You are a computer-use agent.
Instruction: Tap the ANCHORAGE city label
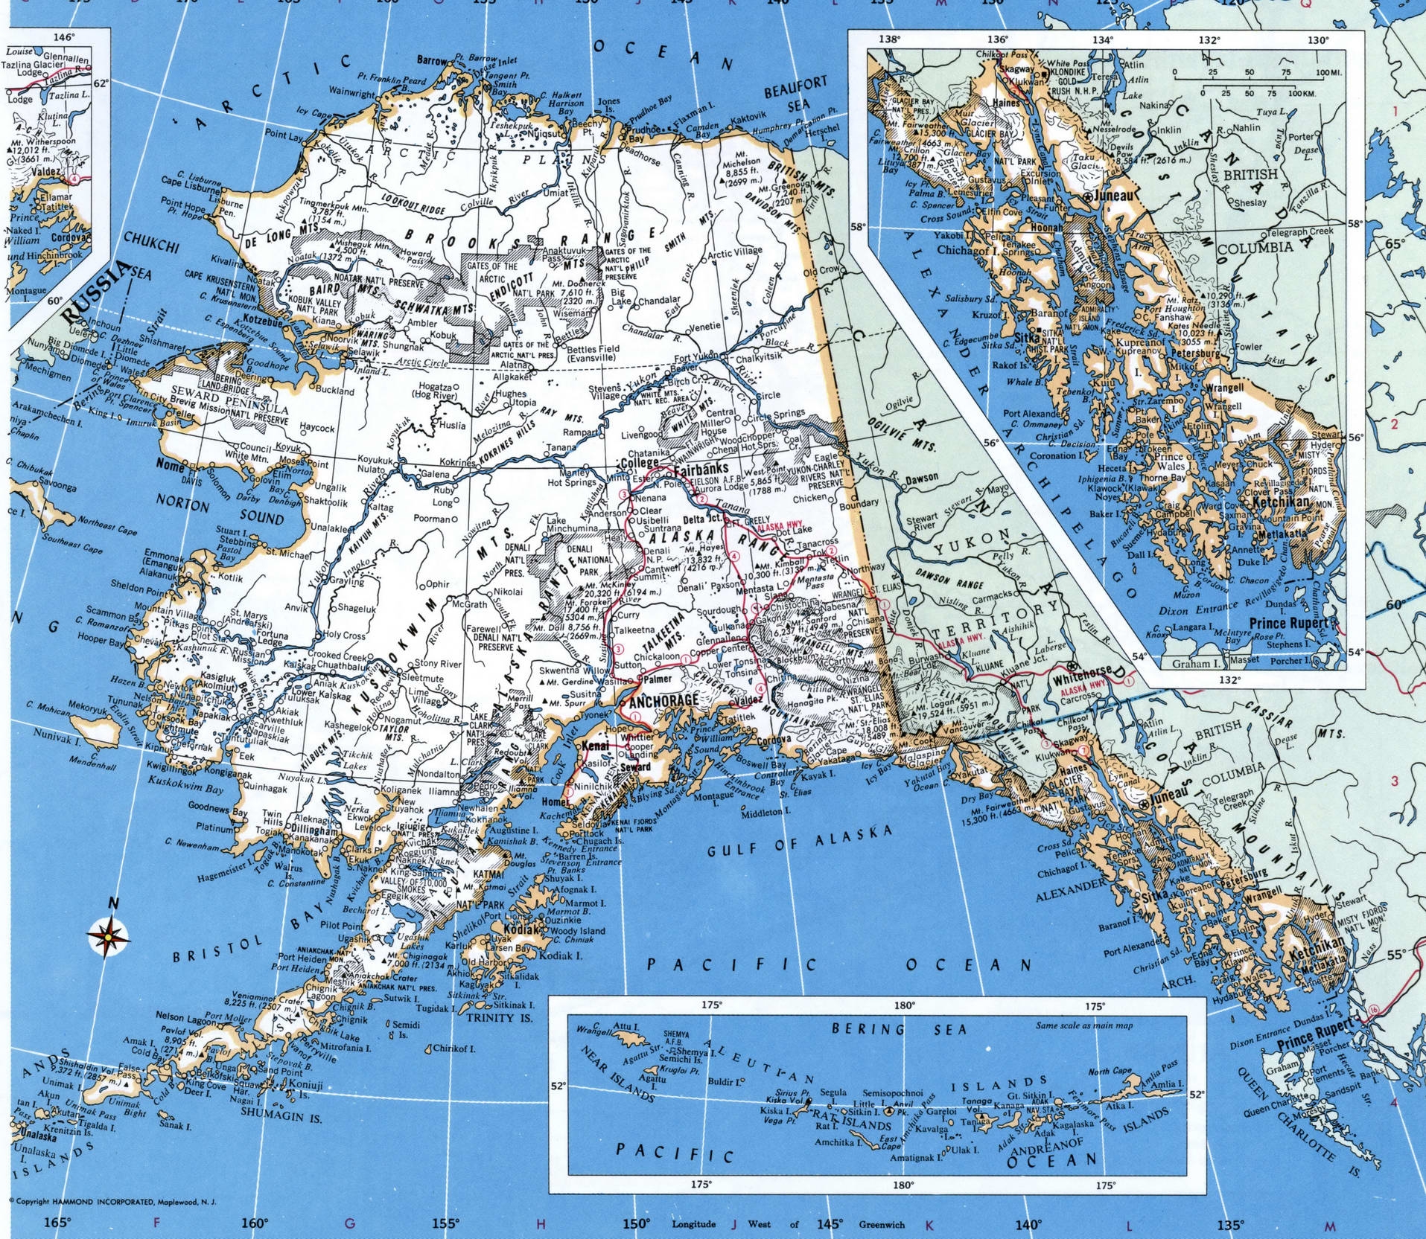tap(663, 701)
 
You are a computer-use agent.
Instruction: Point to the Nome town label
tap(170, 464)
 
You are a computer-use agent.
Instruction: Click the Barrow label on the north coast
tap(432, 60)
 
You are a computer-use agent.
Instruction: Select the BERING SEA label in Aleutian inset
tap(899, 1029)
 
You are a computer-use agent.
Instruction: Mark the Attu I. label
tap(630, 1026)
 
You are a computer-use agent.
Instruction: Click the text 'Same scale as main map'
tap(1083, 1025)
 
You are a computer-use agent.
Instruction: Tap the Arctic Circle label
tap(422, 362)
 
